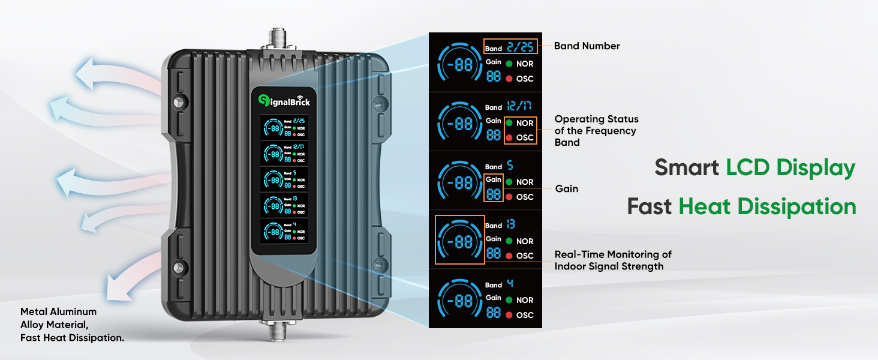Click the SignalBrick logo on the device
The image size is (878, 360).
284,101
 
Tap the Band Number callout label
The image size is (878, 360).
587,46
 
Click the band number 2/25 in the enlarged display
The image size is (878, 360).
519,46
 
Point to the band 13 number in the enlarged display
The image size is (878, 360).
510,224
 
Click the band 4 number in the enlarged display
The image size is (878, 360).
510,283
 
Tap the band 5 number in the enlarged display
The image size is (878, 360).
510,165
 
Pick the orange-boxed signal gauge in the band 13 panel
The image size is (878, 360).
459,239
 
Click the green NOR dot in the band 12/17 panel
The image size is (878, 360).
509,123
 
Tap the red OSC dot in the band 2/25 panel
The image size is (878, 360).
509,79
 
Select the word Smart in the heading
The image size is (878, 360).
687,167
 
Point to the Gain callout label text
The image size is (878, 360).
566,188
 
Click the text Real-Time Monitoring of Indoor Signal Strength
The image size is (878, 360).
613,260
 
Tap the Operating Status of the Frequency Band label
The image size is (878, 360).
596,130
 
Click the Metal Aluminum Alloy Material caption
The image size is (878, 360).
72,325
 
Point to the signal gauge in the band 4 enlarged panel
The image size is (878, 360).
459,299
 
